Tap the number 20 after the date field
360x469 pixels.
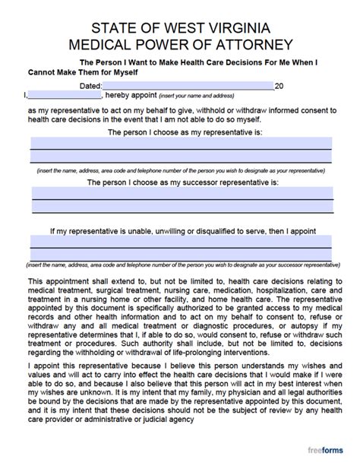(x=279, y=87)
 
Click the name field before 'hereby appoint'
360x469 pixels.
(x=64, y=96)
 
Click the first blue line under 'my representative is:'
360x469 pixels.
(x=181, y=142)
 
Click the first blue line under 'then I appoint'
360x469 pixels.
(x=181, y=241)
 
